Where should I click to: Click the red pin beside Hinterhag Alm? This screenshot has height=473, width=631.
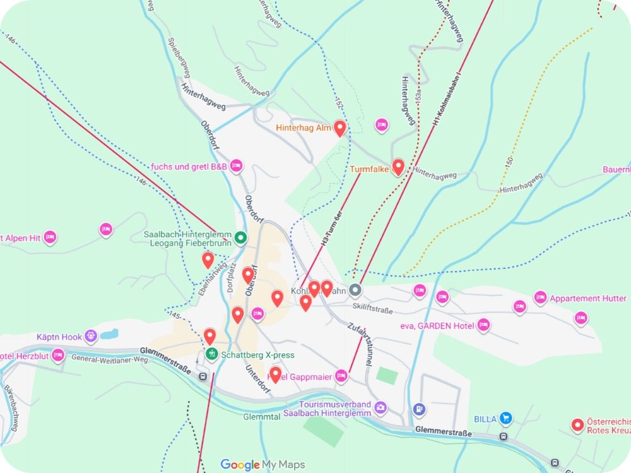click(339, 128)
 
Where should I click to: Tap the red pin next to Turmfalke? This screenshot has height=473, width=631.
click(398, 167)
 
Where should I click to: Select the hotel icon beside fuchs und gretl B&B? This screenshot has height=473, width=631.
click(236, 166)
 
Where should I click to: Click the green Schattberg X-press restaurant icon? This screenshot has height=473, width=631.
click(213, 354)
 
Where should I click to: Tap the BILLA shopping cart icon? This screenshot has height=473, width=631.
click(505, 418)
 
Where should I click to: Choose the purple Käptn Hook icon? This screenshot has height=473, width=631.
click(91, 336)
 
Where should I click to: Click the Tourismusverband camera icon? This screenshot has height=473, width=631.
click(380, 407)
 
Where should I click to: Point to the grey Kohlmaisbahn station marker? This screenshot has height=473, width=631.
click(355, 290)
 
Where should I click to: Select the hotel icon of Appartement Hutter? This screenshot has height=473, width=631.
click(540, 298)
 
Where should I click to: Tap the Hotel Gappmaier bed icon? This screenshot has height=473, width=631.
click(341, 376)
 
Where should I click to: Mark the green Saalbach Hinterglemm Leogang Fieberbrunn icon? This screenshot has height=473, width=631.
click(240, 238)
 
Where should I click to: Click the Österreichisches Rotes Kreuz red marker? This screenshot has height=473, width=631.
click(576, 425)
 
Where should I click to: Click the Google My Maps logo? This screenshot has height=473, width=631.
click(262, 465)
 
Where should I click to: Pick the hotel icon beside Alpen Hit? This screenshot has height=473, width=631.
click(50, 238)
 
